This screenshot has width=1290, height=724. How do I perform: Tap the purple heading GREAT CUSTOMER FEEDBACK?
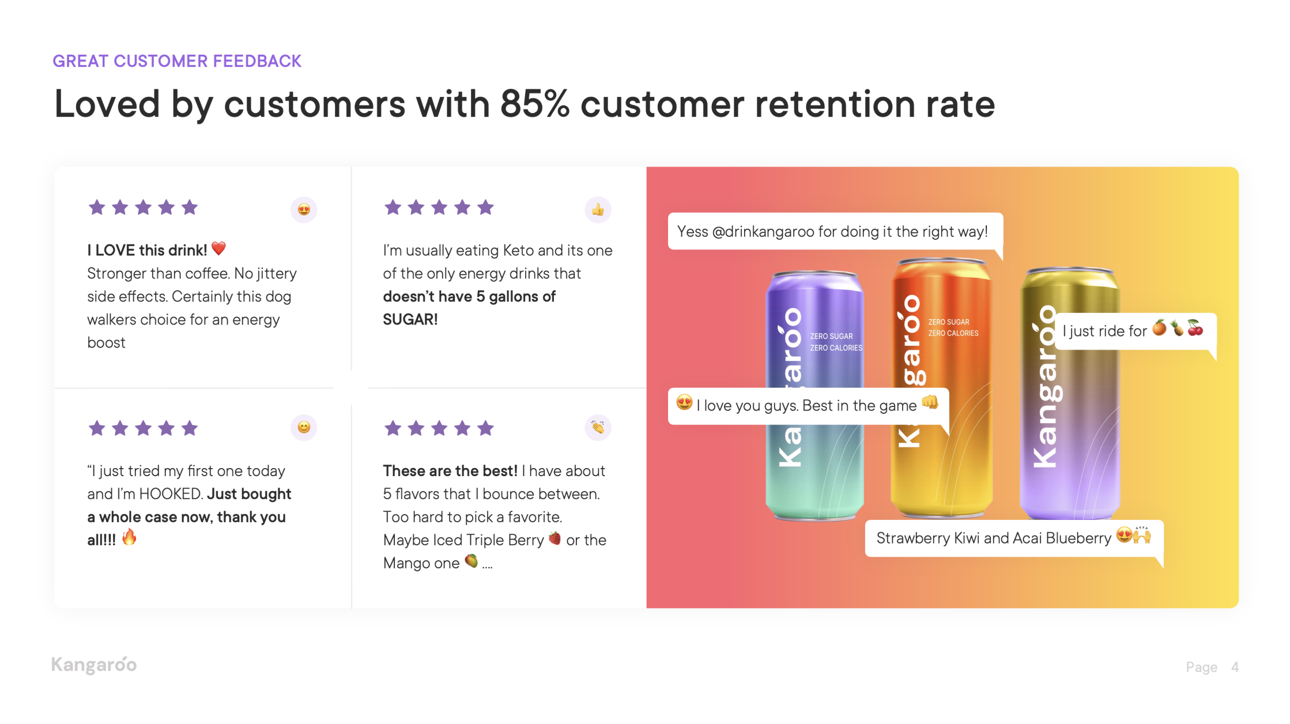[177, 61]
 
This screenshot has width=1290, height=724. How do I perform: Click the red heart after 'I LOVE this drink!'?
[218, 248]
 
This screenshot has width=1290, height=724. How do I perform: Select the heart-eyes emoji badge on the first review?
[304, 209]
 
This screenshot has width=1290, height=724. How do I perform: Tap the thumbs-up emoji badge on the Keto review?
[598, 209]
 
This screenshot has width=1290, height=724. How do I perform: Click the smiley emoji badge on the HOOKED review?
[304, 427]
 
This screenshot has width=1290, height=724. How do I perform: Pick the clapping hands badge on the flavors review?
[598, 427]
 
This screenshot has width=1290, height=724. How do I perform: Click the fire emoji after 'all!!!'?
[129, 537]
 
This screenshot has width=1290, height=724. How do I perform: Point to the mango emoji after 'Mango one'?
[471, 560]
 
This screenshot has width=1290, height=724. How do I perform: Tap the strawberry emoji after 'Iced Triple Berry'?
[555, 538]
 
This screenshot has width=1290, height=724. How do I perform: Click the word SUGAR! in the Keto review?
[410, 319]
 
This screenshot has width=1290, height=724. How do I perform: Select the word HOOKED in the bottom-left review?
[171, 494]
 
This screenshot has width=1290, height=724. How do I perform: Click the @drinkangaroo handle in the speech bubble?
[763, 232]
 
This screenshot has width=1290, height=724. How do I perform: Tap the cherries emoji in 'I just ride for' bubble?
[1195, 327]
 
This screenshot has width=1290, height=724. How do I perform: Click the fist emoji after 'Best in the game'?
[930, 402]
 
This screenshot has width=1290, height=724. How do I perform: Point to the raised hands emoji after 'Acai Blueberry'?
[1142, 535]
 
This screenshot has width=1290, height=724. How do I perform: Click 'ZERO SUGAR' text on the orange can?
[949, 322]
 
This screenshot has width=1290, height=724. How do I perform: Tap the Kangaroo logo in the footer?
[94, 665]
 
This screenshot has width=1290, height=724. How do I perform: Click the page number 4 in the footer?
[1235, 667]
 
